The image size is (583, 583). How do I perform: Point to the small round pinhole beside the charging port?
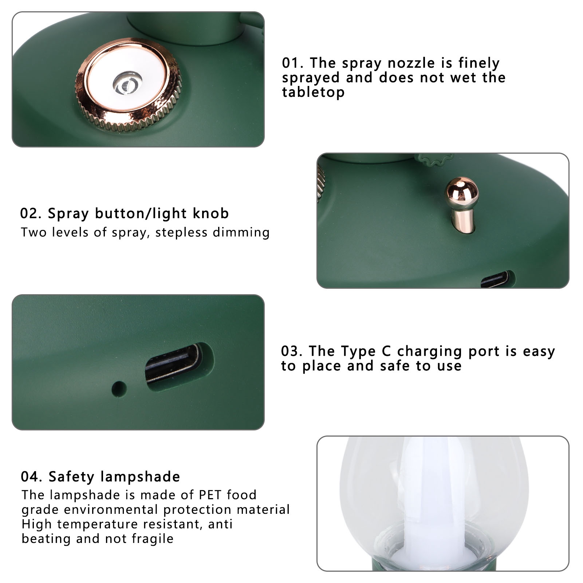(119, 389)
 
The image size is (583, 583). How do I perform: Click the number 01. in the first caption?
(292, 63)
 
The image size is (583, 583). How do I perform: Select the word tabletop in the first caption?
(313, 92)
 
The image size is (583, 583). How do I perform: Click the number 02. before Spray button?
(31, 213)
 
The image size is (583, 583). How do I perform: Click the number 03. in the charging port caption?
(292, 351)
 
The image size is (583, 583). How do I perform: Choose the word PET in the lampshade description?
(210, 495)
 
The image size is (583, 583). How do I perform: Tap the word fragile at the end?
(153, 539)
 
